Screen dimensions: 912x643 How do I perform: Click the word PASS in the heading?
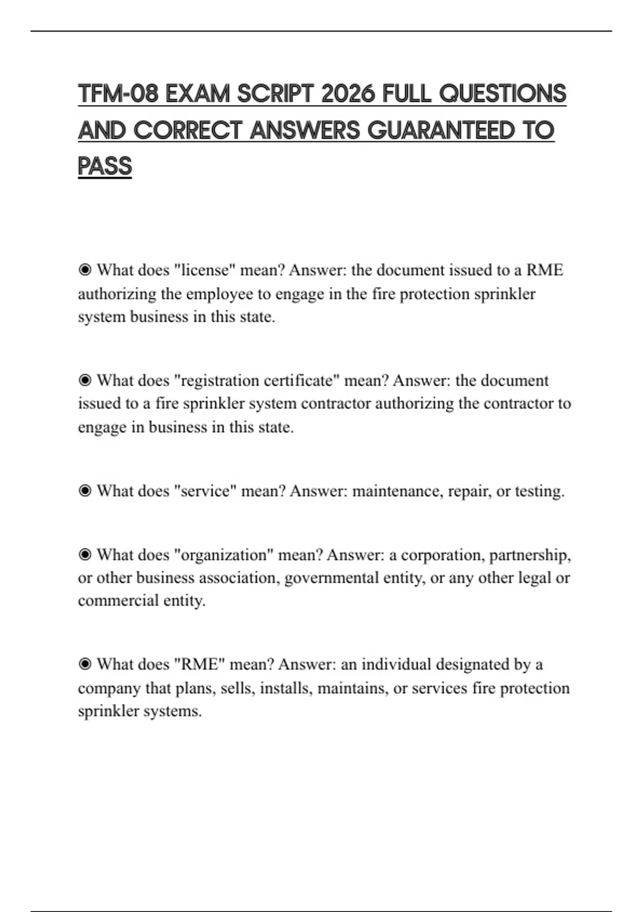(104, 166)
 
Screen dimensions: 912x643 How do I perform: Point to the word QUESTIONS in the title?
(502, 94)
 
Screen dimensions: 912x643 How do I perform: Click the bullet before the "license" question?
(85, 270)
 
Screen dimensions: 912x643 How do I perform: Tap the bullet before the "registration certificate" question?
(85, 380)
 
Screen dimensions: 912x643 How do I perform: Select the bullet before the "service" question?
(85, 491)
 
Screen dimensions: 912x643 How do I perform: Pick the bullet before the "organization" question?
(85, 554)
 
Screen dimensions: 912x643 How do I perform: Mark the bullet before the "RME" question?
(85, 664)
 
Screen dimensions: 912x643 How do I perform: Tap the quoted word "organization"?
(224, 554)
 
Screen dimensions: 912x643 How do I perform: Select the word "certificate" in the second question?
(302, 380)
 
